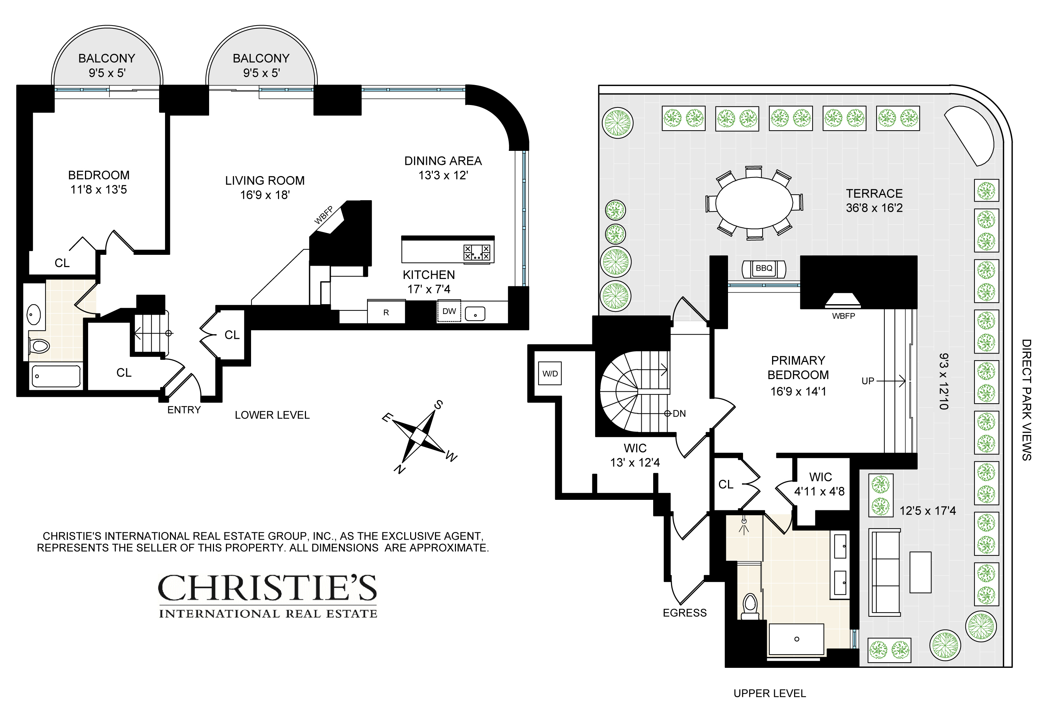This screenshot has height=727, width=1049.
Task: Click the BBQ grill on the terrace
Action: [x=764, y=269]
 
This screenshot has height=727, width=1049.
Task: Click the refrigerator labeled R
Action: [x=386, y=312]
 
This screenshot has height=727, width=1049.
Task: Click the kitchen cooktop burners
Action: [x=477, y=252]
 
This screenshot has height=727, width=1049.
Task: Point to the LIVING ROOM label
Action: [x=265, y=180]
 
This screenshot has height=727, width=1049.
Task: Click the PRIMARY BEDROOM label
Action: [x=798, y=368]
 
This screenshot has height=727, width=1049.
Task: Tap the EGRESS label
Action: [x=684, y=613]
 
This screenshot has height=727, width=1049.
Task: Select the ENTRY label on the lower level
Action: [x=184, y=410]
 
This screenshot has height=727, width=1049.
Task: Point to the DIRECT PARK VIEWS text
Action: [x=1026, y=399]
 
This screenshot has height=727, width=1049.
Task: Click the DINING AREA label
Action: [x=443, y=161]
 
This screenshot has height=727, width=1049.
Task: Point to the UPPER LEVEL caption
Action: [x=770, y=693]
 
